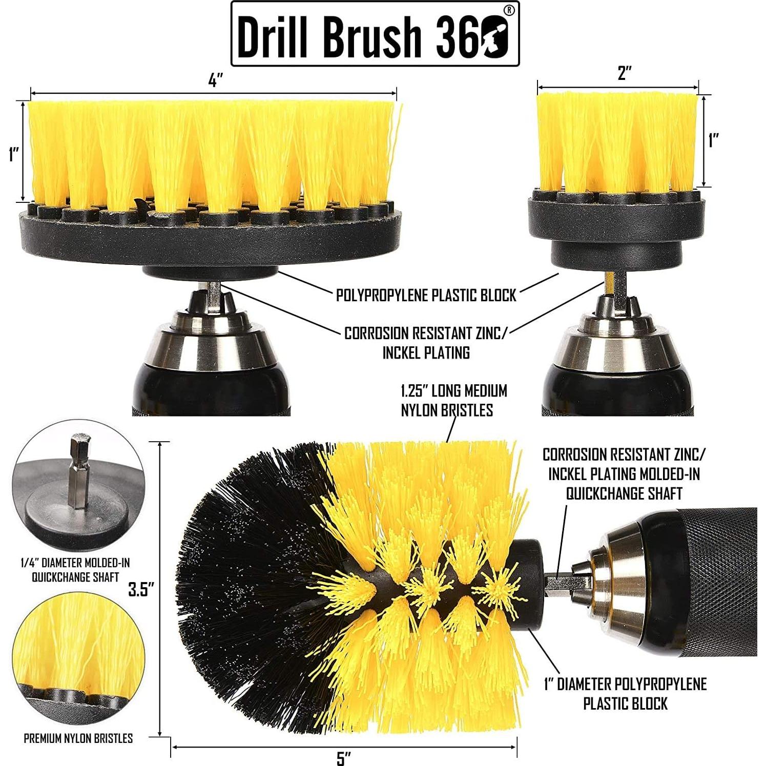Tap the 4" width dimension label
(x=216, y=81)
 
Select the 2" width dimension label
(x=624, y=73)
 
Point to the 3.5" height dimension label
(x=141, y=589)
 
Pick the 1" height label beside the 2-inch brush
(x=714, y=140)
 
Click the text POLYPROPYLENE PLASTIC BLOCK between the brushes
(x=426, y=296)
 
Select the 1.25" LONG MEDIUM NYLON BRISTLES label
(x=453, y=400)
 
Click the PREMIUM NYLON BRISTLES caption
(x=78, y=738)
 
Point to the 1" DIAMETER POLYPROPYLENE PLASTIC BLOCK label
(x=625, y=694)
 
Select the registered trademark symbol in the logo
(x=508, y=10)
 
